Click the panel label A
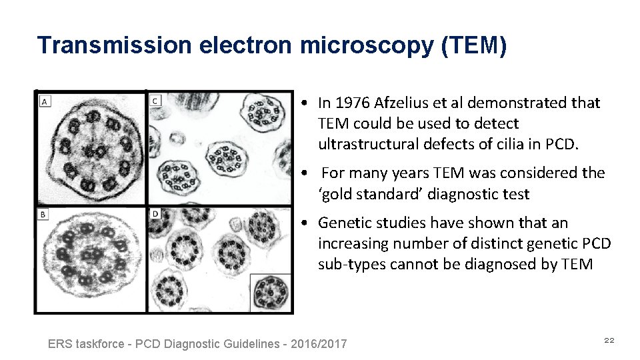point(44,102)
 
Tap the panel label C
point(155,101)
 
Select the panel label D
point(155,213)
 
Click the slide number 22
point(609,341)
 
